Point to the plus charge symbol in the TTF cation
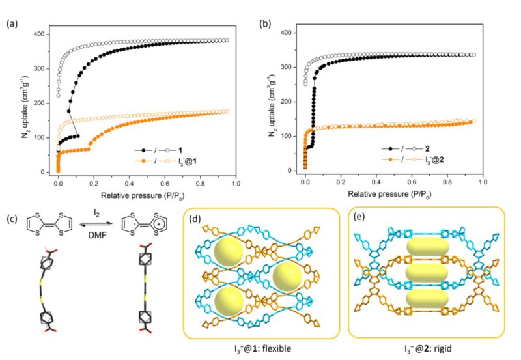155,231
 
